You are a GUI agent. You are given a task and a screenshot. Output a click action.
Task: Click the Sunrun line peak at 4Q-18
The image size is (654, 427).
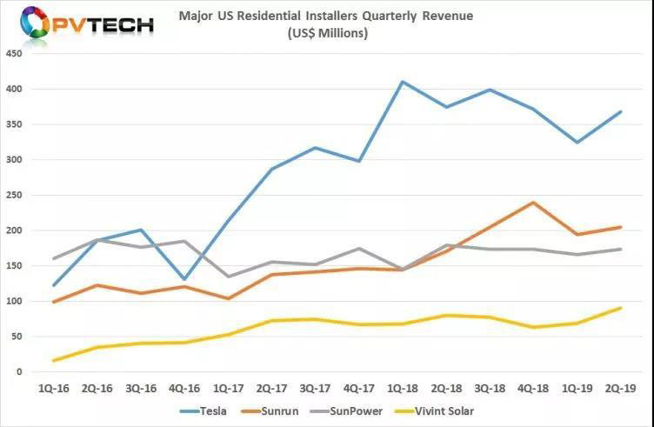coord(532,203)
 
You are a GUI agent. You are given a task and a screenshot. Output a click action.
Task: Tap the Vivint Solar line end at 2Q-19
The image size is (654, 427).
coord(620,307)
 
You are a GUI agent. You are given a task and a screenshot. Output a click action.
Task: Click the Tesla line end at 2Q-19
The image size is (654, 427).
coord(620,111)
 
